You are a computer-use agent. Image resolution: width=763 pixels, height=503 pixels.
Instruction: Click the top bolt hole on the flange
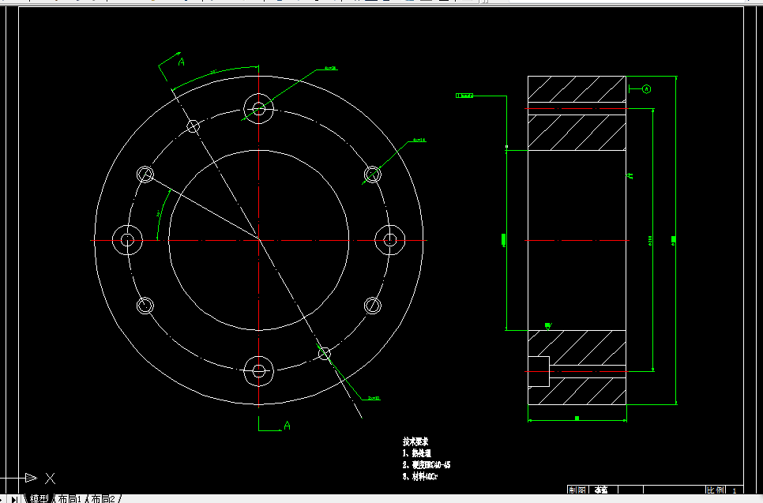point(259,108)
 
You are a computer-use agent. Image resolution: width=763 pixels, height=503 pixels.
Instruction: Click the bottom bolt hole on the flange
point(258,370)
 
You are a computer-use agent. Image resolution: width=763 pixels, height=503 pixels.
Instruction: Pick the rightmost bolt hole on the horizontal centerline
point(389,238)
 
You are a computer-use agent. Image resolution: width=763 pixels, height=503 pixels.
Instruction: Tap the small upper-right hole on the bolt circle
point(373,174)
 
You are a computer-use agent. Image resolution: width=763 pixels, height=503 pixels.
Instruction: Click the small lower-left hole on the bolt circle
point(145,306)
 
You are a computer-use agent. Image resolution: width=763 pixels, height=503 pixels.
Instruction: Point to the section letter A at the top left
point(181,62)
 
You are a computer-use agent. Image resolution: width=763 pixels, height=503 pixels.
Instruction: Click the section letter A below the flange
point(287,426)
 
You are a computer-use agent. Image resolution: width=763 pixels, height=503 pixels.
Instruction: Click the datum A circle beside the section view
point(645,89)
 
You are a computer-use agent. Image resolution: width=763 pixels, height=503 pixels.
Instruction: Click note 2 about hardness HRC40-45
point(427,465)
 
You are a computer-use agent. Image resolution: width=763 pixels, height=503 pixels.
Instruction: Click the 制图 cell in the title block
point(577,490)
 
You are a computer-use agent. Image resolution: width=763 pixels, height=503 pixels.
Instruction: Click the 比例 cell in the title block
point(715,490)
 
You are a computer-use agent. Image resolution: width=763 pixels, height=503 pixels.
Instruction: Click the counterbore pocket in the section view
point(537,371)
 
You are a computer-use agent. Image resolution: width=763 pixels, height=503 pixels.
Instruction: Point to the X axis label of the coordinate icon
point(51,478)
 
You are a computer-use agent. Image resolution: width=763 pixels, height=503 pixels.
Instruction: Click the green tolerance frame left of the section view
point(464,96)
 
